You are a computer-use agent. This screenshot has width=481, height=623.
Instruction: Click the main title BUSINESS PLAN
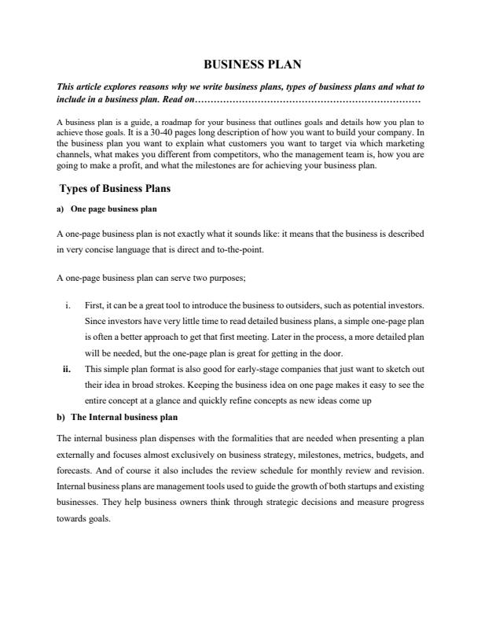pyautogui.click(x=241, y=65)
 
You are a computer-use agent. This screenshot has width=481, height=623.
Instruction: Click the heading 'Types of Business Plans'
pyautogui.click(x=115, y=189)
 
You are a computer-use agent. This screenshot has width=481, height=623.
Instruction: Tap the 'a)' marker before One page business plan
pyautogui.click(x=61, y=209)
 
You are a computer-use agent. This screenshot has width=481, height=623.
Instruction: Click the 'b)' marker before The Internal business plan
pyautogui.click(x=61, y=416)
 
